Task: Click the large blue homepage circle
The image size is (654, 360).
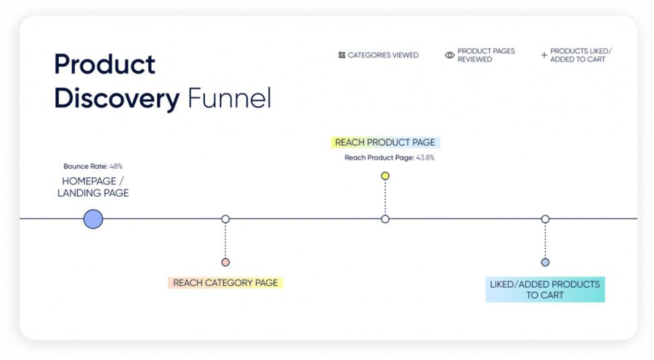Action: (93, 219)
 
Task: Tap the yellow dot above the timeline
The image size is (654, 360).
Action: (385, 176)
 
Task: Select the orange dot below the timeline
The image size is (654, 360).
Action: (226, 262)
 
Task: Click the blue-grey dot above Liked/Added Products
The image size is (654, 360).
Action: (545, 262)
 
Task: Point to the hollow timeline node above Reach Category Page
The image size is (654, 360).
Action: (226, 219)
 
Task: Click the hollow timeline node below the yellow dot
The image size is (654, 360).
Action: (385, 219)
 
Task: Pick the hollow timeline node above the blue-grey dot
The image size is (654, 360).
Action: (545, 219)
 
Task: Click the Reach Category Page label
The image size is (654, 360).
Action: (225, 283)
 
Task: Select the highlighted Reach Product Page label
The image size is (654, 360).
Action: (386, 142)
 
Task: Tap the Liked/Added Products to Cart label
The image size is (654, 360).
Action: (545, 289)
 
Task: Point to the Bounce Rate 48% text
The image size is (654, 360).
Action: (93, 166)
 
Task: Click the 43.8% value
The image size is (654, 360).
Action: (425, 158)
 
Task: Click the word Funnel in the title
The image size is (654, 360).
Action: (229, 99)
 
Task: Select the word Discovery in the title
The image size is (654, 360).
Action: (117, 99)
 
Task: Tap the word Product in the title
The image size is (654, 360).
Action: (105, 65)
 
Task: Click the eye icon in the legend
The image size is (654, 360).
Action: (450, 55)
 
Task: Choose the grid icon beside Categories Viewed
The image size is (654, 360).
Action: (342, 55)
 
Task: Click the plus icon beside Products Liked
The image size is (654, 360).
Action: (544, 55)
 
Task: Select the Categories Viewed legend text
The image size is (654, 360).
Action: (383, 55)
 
